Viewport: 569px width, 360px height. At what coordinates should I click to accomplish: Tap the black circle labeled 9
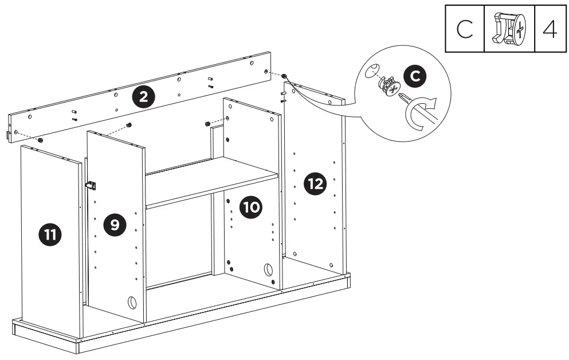115,225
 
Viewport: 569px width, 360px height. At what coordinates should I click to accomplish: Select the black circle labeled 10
250,207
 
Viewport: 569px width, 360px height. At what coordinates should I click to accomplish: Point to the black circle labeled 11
50,235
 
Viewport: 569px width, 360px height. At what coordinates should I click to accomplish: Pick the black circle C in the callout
415,77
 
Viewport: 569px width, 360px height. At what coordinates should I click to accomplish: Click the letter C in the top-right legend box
465,30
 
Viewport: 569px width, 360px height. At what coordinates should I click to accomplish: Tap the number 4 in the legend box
549,30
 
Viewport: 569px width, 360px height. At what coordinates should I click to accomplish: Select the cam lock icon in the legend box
509,30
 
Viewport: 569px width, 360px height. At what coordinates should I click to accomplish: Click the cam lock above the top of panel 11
41,139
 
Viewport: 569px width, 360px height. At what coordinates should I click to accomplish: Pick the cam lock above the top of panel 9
129,124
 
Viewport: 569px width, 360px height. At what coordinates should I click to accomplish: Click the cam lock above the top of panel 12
284,76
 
